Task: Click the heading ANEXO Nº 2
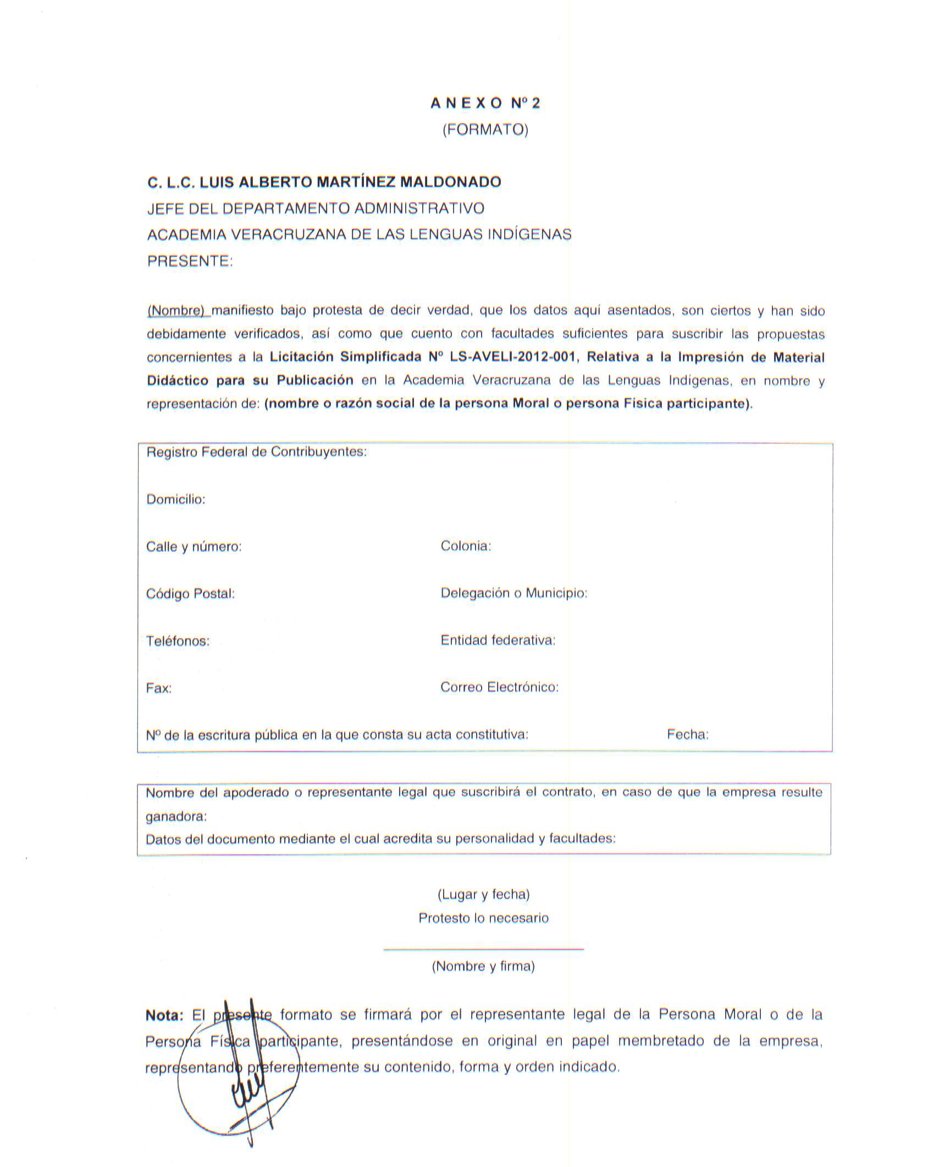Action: click(485, 103)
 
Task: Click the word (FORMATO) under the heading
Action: click(485, 130)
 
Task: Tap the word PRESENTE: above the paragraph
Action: click(190, 261)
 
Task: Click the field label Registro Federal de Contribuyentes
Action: click(256, 452)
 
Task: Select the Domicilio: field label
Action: click(175, 499)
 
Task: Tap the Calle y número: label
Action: click(194, 546)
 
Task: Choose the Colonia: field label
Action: click(466, 546)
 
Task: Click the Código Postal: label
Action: click(190, 594)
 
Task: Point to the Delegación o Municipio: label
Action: click(513, 593)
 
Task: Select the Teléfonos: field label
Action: click(178, 641)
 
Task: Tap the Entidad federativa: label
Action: click(498, 640)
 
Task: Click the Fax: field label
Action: click(158, 688)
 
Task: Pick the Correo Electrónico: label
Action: click(499, 687)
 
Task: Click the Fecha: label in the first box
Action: click(687, 734)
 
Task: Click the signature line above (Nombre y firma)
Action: click(483, 949)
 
